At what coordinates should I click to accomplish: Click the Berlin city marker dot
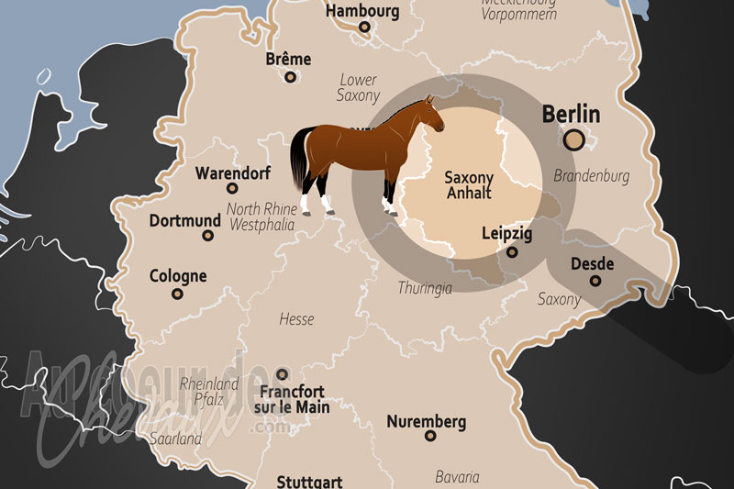(x=574, y=139)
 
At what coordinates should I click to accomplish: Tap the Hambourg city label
(x=362, y=12)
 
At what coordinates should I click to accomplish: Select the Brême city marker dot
(x=291, y=77)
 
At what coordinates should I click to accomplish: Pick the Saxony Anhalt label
(x=469, y=184)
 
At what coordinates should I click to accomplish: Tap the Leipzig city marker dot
(x=512, y=252)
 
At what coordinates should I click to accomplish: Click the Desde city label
(x=592, y=263)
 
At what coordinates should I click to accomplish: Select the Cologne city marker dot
(x=177, y=295)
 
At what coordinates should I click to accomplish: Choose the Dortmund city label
(x=185, y=221)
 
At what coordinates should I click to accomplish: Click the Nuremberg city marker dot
(x=430, y=436)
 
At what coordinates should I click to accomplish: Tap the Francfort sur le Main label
(x=292, y=398)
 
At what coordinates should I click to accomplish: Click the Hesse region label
(x=296, y=319)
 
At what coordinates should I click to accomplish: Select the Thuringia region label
(x=425, y=288)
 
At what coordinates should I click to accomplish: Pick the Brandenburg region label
(x=593, y=175)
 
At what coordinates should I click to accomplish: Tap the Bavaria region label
(x=457, y=477)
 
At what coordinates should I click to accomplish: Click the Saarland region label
(x=177, y=439)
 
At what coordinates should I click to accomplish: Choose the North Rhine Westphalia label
(x=261, y=216)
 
